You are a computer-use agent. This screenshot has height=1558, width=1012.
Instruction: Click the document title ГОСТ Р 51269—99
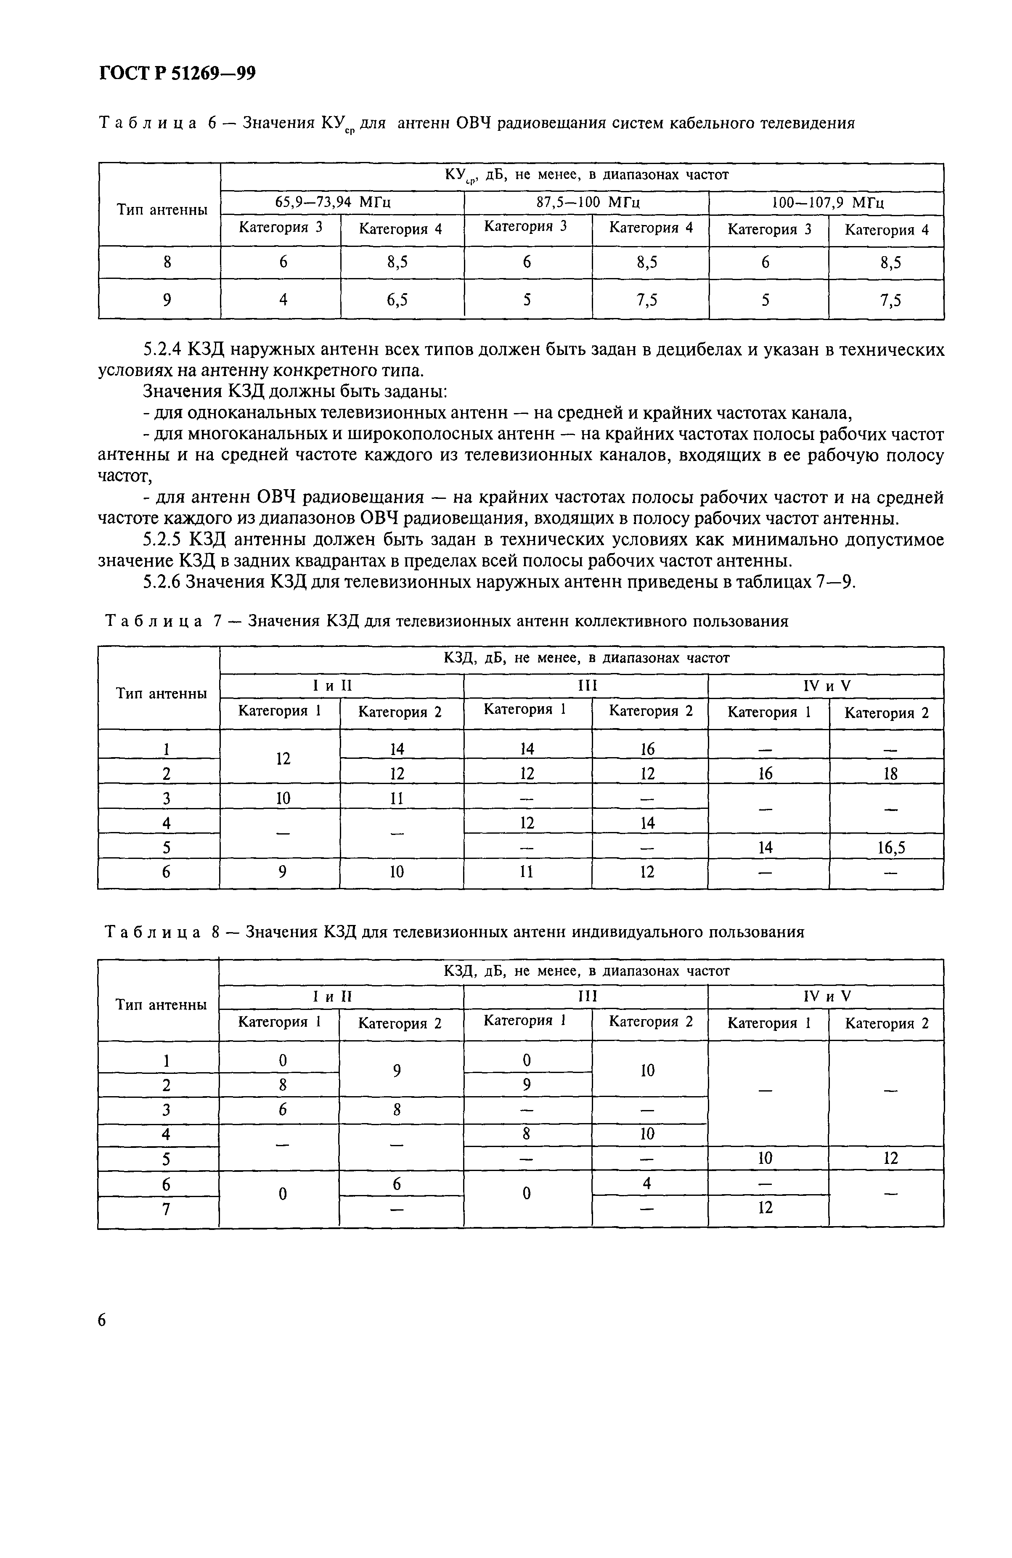177,73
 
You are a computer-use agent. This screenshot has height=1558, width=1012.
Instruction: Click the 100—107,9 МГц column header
827,202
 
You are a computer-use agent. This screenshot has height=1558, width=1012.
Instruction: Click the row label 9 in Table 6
167,300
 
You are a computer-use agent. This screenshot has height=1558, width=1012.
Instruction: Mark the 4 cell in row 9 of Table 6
283,300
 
